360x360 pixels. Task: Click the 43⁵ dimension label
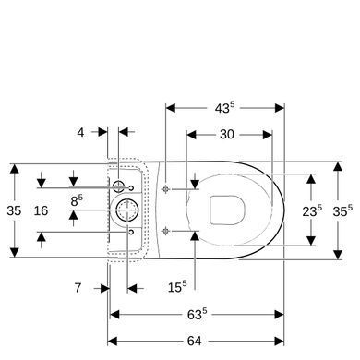pos(224,108)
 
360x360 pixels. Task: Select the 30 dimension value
pos(227,135)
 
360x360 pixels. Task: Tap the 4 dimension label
pos(80,132)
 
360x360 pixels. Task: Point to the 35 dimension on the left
pos(14,210)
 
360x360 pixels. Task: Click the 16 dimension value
pos(41,210)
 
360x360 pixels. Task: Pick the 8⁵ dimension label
pos(77,200)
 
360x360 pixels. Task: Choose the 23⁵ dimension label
pos(312,210)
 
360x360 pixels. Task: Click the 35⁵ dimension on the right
pos(342,210)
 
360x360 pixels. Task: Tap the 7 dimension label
pos(78,288)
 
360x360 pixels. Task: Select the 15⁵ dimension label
pos(177,287)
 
